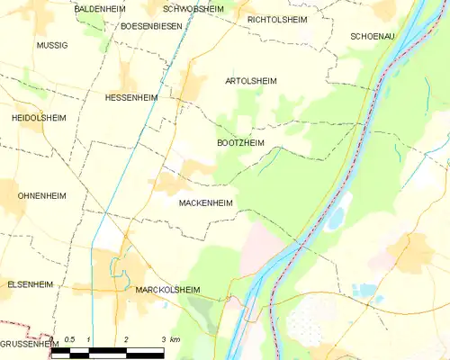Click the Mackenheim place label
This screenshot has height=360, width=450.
(206, 203)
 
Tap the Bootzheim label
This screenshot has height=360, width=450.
(241, 143)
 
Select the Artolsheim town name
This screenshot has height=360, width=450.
(250, 81)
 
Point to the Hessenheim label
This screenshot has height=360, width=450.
(131, 97)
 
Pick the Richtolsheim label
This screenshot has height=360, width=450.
(276, 18)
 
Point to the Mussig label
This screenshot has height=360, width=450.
(51, 44)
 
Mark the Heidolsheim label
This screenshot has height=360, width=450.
(35, 118)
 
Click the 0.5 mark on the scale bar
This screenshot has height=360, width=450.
(69, 339)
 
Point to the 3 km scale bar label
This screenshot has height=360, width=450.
(169, 339)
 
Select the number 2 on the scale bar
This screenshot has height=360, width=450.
(126, 339)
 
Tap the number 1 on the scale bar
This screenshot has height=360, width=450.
(88, 339)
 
